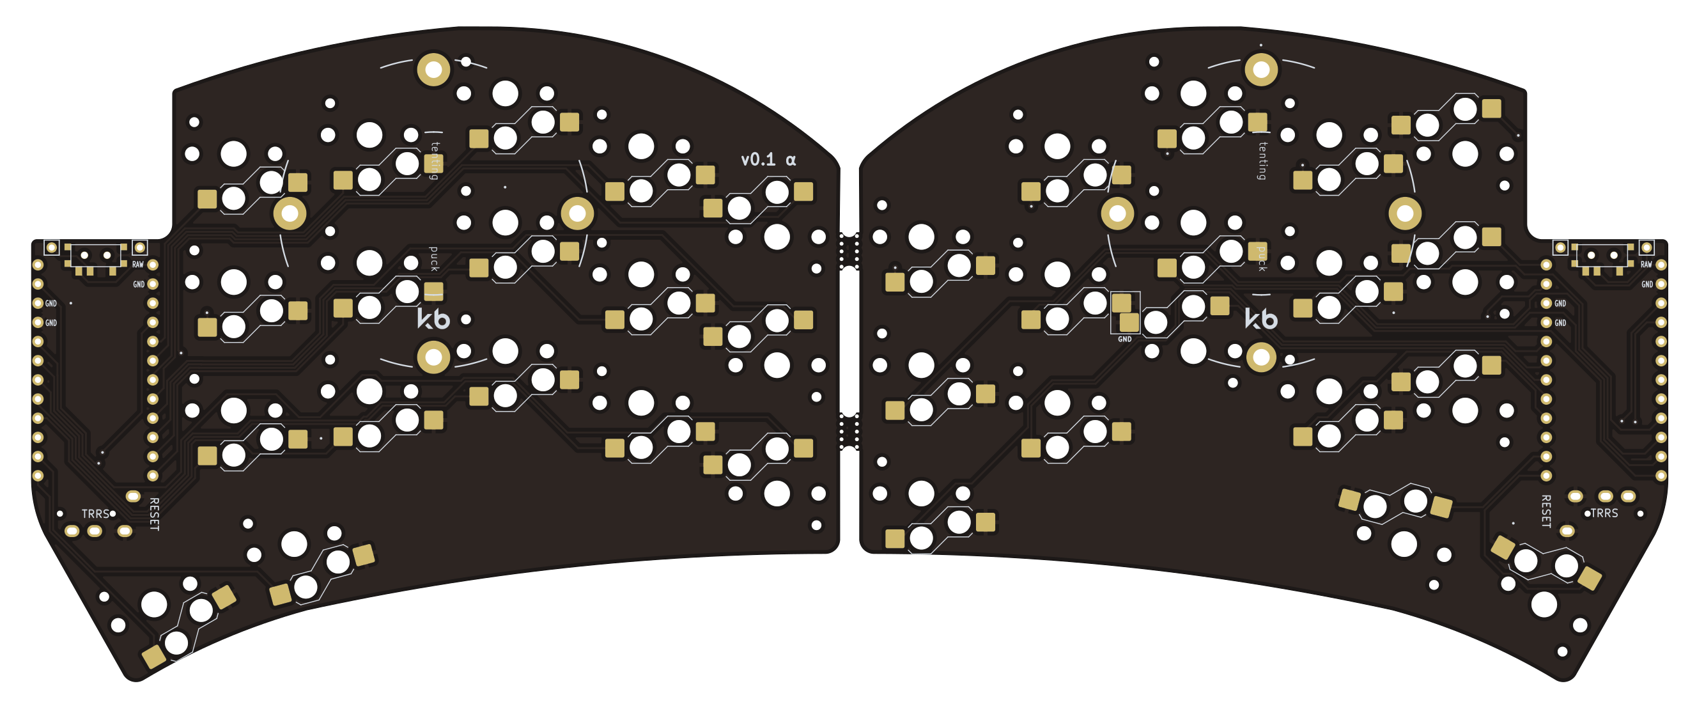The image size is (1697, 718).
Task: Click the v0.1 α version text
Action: point(768,159)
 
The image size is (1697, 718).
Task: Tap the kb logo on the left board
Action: point(433,319)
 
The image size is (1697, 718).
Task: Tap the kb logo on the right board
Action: point(1261,319)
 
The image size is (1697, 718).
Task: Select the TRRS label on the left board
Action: point(95,514)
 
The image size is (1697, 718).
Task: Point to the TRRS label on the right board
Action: point(1604,513)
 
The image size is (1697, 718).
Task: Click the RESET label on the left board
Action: point(154,514)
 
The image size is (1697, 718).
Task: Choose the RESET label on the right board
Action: point(1546,511)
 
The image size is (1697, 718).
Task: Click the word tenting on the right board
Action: point(1262,160)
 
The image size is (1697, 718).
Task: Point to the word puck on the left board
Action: point(433,259)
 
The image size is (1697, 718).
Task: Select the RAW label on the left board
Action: point(137,265)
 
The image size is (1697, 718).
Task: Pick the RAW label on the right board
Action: point(1647,265)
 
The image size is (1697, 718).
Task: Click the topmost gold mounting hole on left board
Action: point(433,69)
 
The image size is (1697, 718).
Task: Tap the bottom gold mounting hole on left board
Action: point(433,357)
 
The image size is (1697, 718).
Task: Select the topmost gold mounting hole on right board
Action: point(1261,69)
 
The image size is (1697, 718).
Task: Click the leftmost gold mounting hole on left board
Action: point(290,214)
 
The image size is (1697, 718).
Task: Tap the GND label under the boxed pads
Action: point(1124,339)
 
